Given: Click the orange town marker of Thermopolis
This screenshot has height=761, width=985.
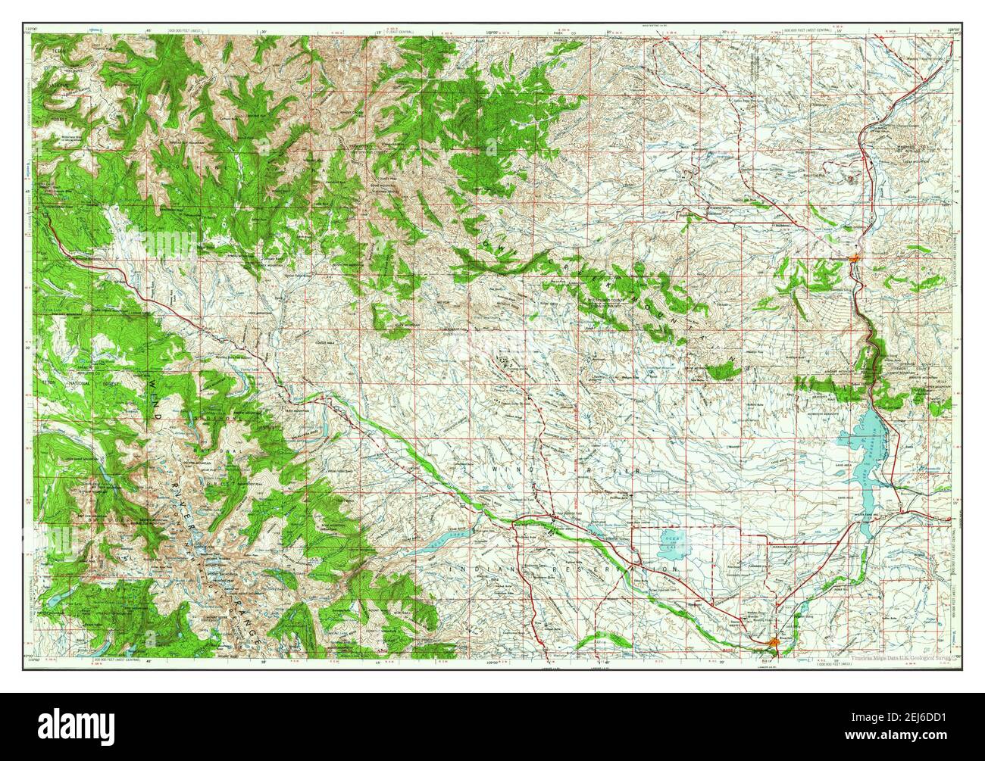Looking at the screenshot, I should (x=855, y=260).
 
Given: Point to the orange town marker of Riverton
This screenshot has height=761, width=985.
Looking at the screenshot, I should (x=773, y=643).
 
